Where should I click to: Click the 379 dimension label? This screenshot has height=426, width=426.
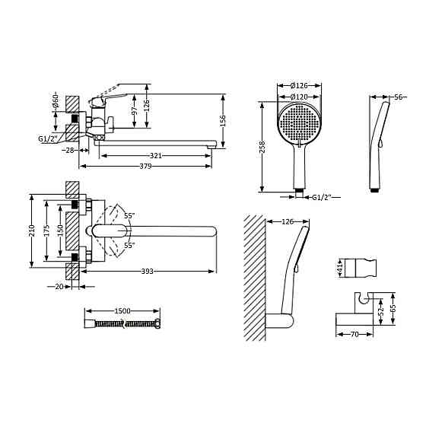145,167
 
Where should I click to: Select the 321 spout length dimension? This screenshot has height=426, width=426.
156,156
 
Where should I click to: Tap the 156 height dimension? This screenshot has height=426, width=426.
222,121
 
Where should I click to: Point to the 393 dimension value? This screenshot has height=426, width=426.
148,271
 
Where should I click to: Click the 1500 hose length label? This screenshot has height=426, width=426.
122,311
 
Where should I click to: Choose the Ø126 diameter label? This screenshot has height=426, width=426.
299,85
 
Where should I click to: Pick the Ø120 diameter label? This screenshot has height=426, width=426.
299,97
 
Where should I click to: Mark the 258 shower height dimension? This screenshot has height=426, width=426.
262,147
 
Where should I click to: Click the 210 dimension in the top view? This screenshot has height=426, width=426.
32,230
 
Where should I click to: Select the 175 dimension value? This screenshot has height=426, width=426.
46,230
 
